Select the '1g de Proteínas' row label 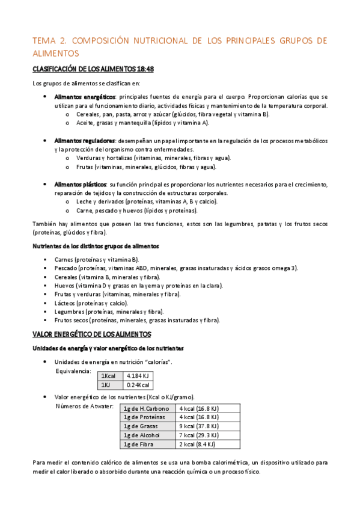pyautogui.click(x=144, y=417)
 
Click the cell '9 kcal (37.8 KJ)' pyautogui.click(x=199, y=426)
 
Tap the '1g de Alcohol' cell pyautogui.click(x=142, y=435)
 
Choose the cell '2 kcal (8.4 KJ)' pyautogui.click(x=197, y=444)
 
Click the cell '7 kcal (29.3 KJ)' pyautogui.click(x=199, y=435)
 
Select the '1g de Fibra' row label pyautogui.click(x=138, y=444)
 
